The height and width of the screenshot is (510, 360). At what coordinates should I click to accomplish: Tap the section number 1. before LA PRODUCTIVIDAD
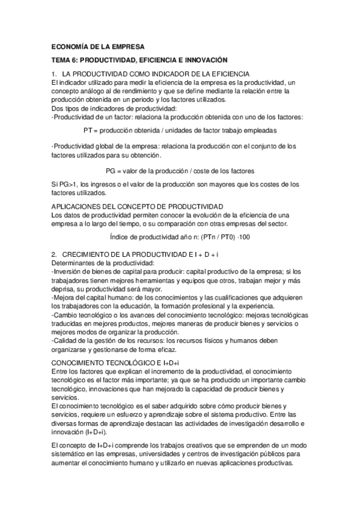tap(55, 74)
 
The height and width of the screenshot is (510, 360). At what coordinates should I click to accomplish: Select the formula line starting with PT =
tap(180, 129)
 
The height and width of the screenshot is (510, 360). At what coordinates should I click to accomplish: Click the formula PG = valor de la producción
tap(180, 170)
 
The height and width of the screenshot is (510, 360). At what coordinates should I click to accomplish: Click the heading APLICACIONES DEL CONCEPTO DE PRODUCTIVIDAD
tap(138, 206)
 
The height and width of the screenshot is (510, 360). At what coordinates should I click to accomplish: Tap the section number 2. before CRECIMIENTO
tap(55, 256)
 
